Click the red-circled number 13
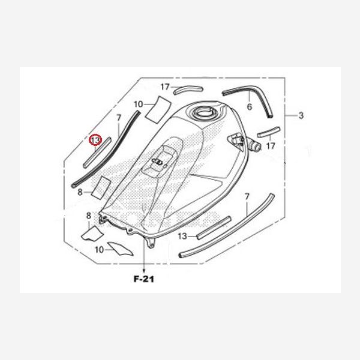[x=95, y=140]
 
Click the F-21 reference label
[x=144, y=279]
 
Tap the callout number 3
[x=301, y=115]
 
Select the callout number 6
[x=250, y=107]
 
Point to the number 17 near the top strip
[x=165, y=87]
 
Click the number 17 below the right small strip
[x=271, y=146]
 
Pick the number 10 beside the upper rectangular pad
[x=139, y=104]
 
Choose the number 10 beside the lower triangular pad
[x=100, y=250]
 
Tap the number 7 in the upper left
[x=118, y=118]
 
